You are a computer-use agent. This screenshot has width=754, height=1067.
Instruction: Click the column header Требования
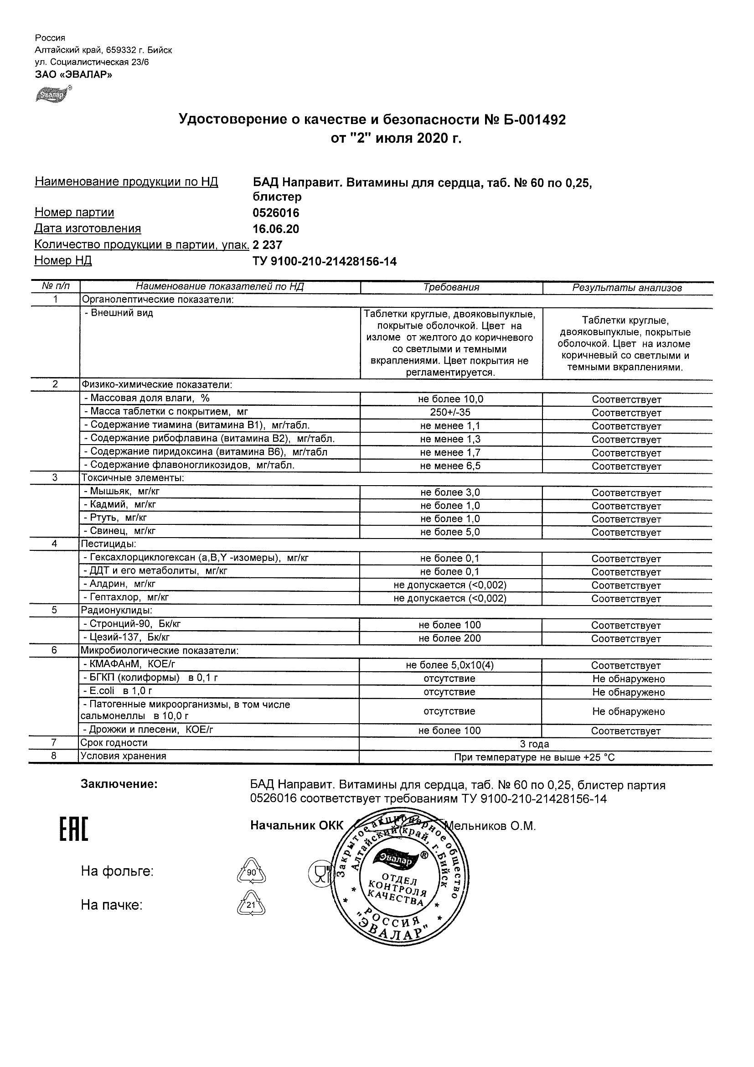click(x=451, y=287)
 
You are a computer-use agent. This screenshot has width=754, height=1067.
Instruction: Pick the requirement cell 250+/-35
click(x=450, y=412)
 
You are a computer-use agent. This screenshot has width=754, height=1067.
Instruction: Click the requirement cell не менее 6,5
click(x=450, y=466)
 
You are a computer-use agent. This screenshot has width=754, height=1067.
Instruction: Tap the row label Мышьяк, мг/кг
click(x=122, y=491)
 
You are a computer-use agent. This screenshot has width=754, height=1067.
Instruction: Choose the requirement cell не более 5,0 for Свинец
click(x=450, y=532)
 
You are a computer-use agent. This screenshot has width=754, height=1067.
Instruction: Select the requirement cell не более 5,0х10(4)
click(x=449, y=665)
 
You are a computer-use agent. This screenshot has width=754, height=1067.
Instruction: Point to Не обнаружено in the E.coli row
click(x=628, y=692)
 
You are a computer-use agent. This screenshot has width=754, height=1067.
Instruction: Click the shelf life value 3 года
click(x=534, y=744)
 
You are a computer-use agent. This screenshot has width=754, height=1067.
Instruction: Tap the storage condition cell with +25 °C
click(x=534, y=757)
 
